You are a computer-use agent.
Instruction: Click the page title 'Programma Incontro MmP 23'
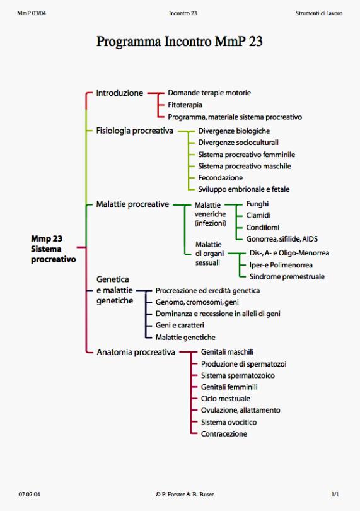pyautogui.click(x=180, y=42)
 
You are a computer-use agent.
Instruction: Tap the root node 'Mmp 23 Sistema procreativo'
pyautogui.click(x=54, y=249)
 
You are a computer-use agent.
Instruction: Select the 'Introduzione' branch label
pyautogui.click(x=120, y=93)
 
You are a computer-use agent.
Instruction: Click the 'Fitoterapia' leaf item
pyautogui.click(x=185, y=105)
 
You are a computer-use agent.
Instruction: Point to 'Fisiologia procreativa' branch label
pyautogui.click(x=134, y=131)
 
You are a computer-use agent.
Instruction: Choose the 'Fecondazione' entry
pyautogui.click(x=220, y=178)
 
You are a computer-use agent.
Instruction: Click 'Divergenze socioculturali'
pyautogui.click(x=238, y=143)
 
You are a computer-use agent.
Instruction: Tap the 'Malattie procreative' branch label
pyautogui.click(x=132, y=204)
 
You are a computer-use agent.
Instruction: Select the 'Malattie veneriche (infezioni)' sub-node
pyautogui.click(x=210, y=214)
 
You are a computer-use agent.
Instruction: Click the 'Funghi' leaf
pyautogui.click(x=257, y=204)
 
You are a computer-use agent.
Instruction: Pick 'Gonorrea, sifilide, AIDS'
pyautogui.click(x=282, y=239)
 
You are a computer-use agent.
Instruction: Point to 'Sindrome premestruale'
pyautogui.click(x=287, y=277)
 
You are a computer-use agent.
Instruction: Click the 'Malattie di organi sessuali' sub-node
pyautogui.click(x=209, y=254)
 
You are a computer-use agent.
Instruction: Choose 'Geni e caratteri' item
pyautogui.click(x=180, y=326)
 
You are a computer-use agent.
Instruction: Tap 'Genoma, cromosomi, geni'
pyautogui.click(x=197, y=302)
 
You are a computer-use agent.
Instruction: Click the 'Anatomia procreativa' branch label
pyautogui.click(x=136, y=352)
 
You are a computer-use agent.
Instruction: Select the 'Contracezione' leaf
pyautogui.click(x=224, y=434)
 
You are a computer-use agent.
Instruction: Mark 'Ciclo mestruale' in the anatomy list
pyautogui.click(x=226, y=399)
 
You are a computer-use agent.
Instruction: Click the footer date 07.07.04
pyautogui.click(x=30, y=494)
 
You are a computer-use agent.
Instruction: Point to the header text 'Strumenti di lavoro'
pyautogui.click(x=318, y=13)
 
